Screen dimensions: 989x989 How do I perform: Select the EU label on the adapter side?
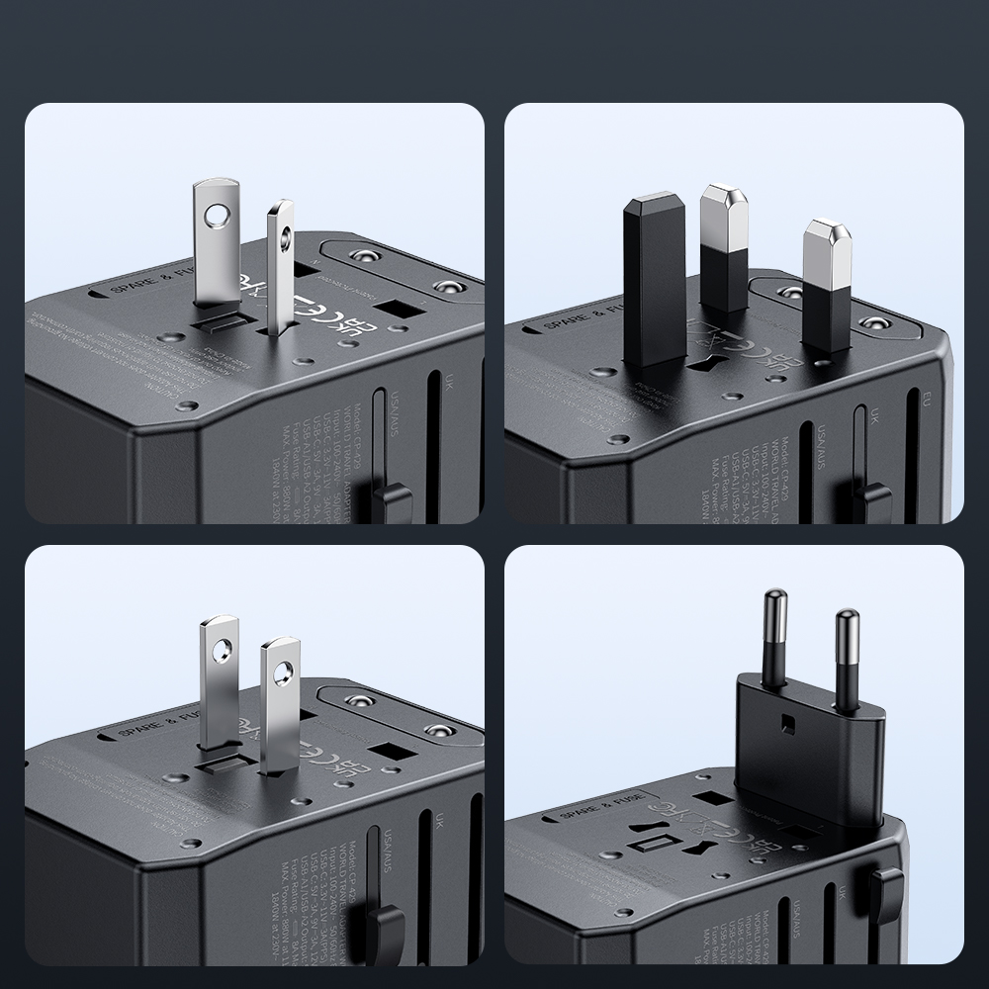926,403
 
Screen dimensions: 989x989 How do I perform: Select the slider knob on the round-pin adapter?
886,885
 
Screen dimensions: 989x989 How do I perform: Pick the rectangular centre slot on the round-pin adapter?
660,844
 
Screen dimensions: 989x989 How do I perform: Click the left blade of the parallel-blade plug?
219,682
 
